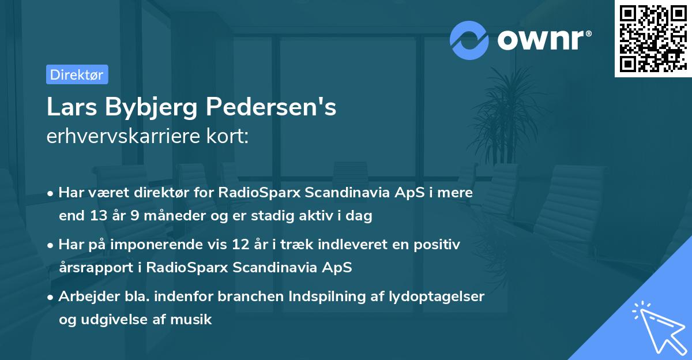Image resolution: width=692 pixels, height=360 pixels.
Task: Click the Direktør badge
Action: (77, 74)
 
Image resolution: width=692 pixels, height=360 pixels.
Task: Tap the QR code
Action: (652, 38)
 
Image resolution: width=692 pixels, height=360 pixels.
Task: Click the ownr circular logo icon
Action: (469, 40)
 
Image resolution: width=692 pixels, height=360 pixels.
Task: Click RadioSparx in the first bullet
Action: (254, 193)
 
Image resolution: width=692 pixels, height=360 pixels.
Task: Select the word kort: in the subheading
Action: (228, 137)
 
